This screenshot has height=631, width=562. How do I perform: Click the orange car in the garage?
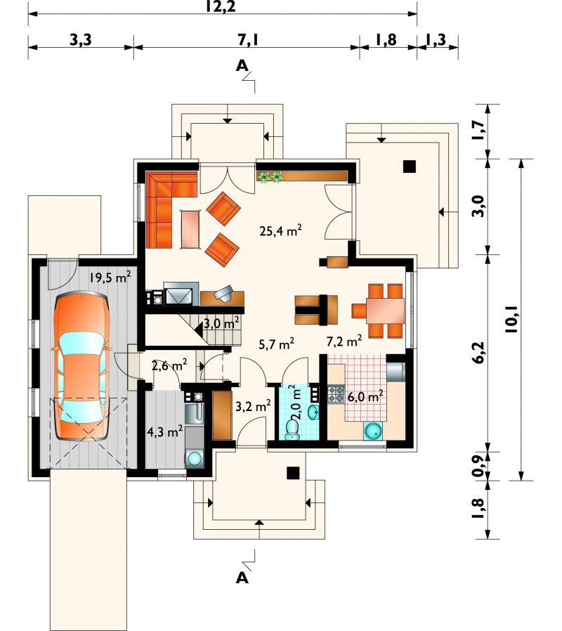coord(81,367)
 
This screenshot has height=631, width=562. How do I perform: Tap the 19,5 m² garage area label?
coord(110,277)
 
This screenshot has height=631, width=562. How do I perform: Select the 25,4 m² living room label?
coord(281,230)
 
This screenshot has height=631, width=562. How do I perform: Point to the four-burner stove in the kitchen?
coord(336,394)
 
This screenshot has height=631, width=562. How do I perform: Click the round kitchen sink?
coord(374,431)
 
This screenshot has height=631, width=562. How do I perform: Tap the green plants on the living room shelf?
coord(270,176)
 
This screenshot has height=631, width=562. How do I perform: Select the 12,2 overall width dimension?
coord(221,6)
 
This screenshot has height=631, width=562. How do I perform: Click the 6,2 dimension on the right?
coord(479,353)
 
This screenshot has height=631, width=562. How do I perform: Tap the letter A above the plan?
coord(242,65)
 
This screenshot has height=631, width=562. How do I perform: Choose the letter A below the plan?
coord(242,578)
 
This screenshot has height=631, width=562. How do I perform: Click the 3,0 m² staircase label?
coord(222,323)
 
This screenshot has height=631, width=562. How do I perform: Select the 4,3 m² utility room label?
coord(165,432)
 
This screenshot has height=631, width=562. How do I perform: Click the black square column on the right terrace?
coord(410,167)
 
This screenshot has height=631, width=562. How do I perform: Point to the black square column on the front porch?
coord(293,473)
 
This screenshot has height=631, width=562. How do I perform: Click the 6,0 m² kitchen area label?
coord(365,396)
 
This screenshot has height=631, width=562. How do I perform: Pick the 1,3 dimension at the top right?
coord(436,39)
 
